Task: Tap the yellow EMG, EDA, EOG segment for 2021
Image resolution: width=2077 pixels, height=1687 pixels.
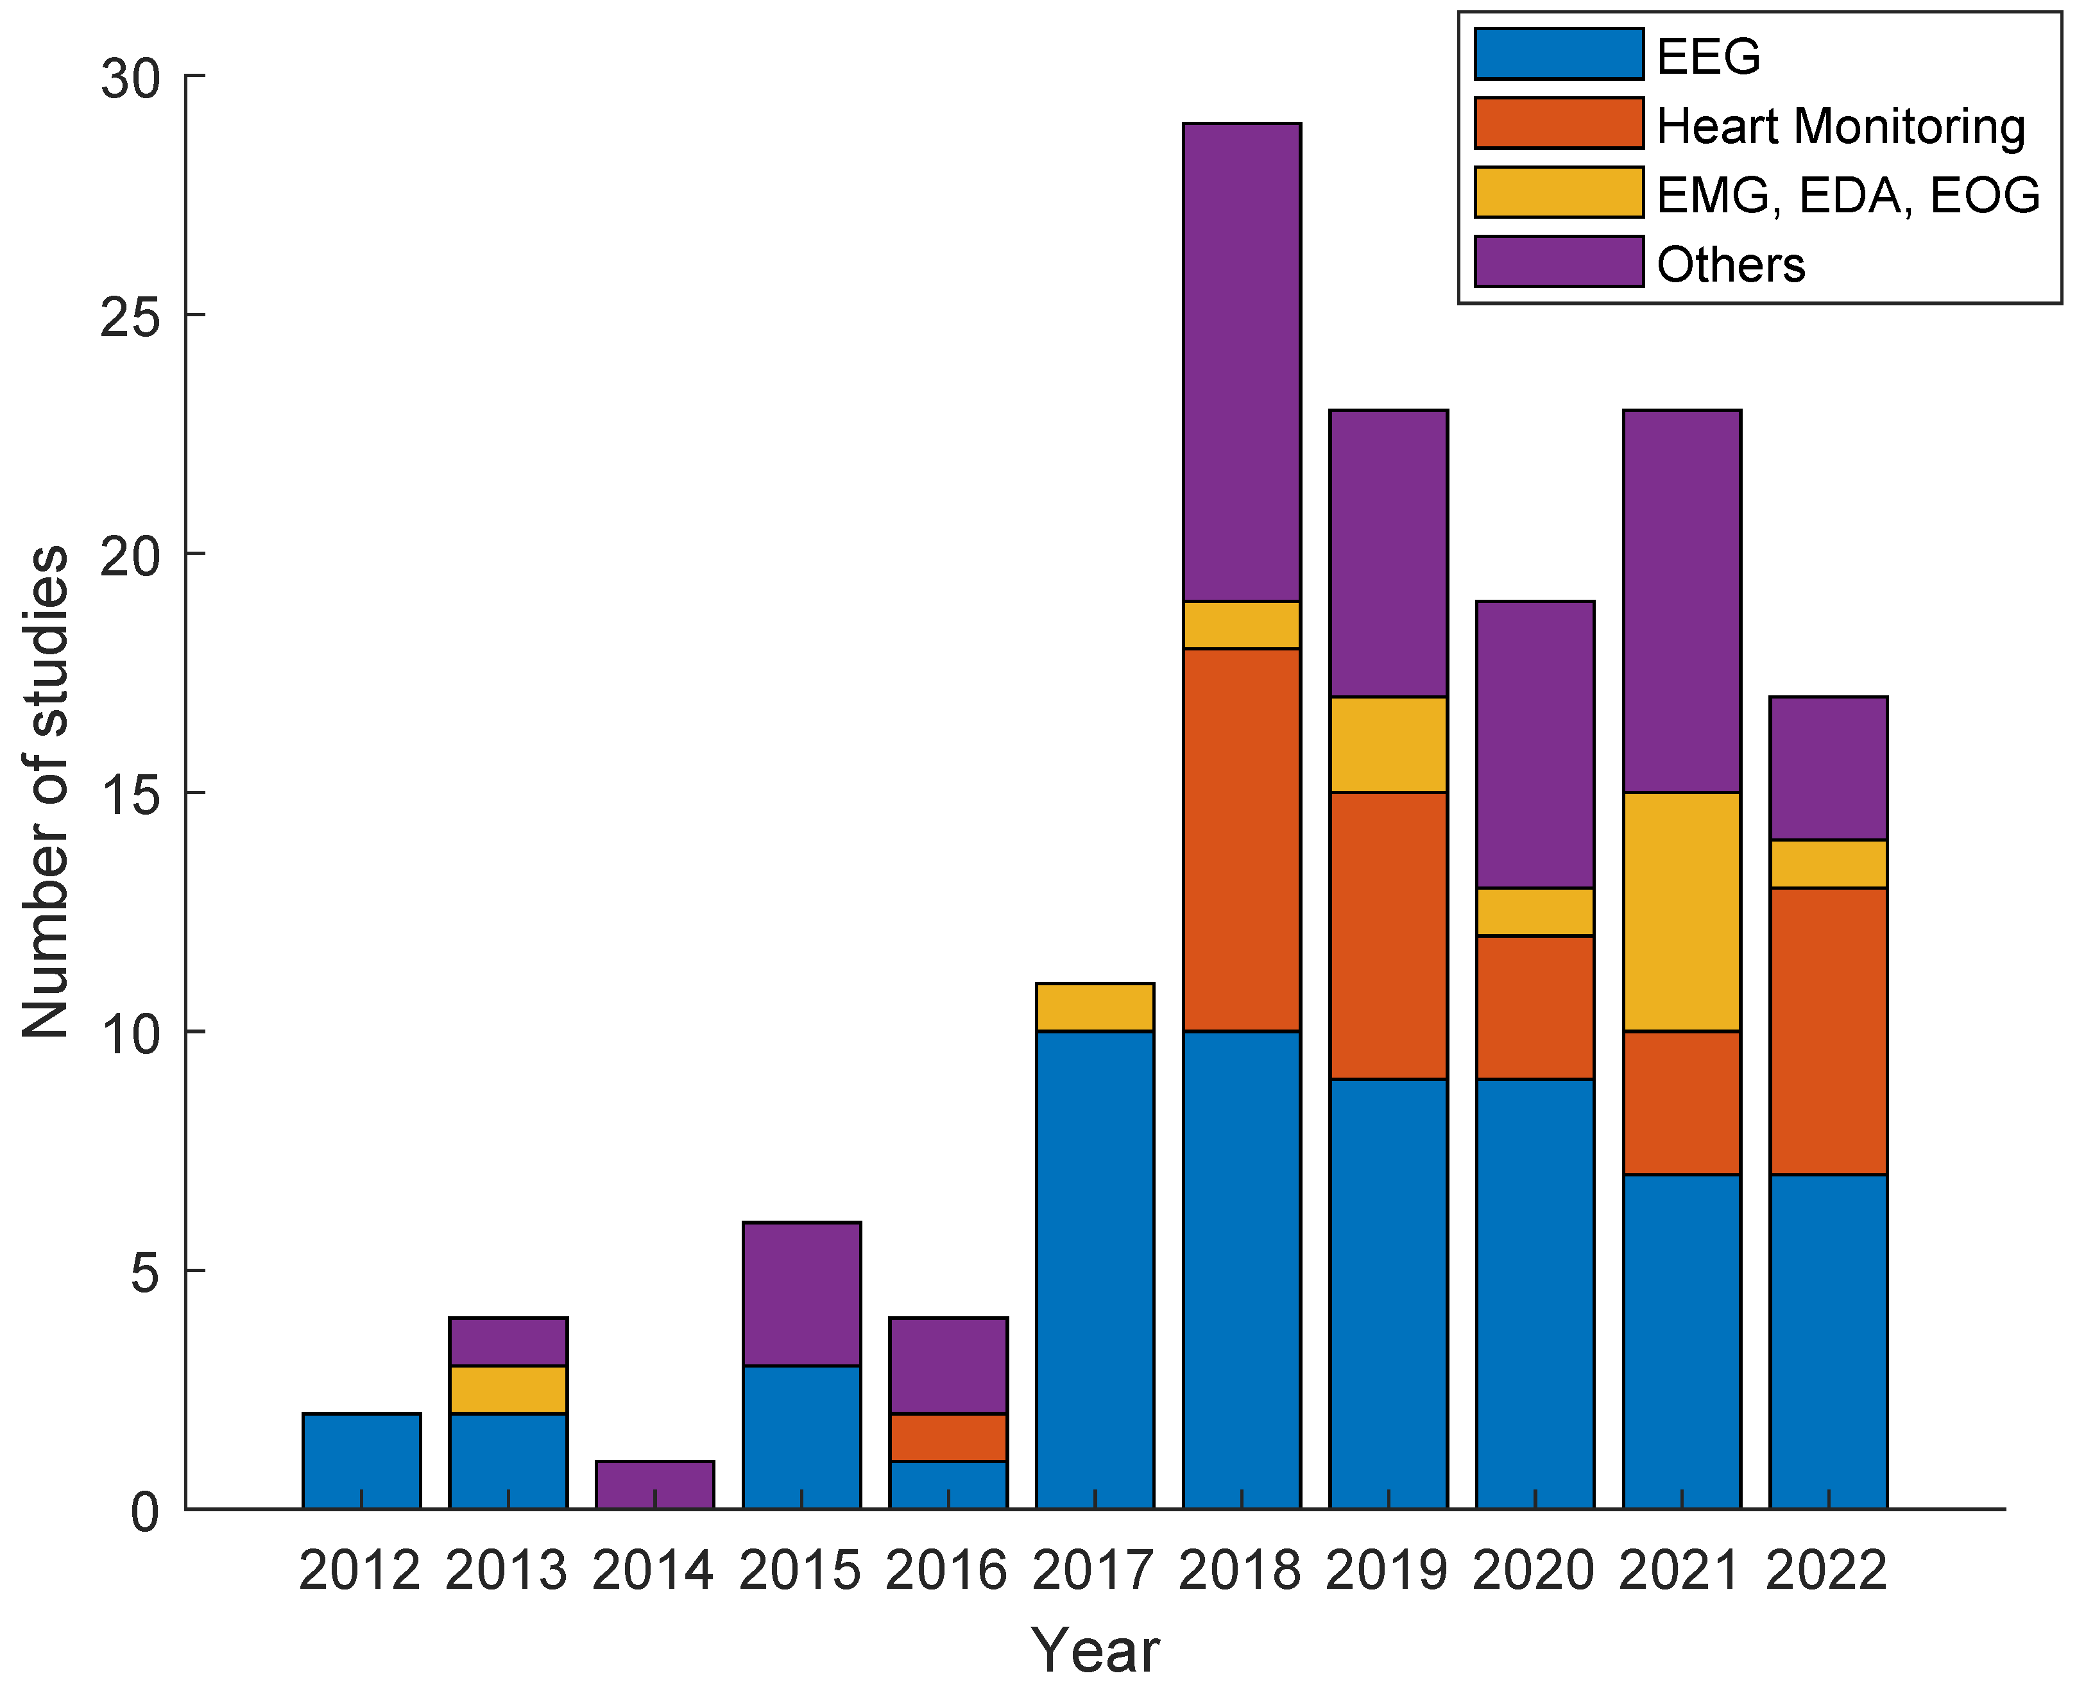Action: (x=1682, y=911)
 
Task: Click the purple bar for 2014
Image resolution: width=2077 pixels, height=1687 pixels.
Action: (x=654, y=1484)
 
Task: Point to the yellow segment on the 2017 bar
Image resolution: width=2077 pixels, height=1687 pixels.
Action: (x=1095, y=1007)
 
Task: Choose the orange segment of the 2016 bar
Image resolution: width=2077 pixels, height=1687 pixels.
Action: (x=948, y=1436)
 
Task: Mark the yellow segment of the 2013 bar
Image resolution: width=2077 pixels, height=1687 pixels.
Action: (x=508, y=1389)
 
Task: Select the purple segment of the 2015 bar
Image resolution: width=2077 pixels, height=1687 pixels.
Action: (x=801, y=1293)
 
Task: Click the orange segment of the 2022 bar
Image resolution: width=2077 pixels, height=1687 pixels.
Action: (x=1828, y=1030)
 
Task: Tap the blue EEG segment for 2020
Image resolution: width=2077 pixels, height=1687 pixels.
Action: (x=1535, y=1293)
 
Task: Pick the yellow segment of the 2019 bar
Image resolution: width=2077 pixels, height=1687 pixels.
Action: (x=1388, y=743)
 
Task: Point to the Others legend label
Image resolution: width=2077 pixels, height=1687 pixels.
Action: (x=1730, y=264)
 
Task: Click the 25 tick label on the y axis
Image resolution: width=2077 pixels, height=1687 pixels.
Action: (x=129, y=316)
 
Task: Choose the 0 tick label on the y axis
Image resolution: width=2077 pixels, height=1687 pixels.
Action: (x=145, y=1512)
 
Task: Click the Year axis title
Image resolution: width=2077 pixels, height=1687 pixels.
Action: (x=1095, y=1650)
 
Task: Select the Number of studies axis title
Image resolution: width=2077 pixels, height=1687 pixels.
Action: (x=46, y=792)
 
